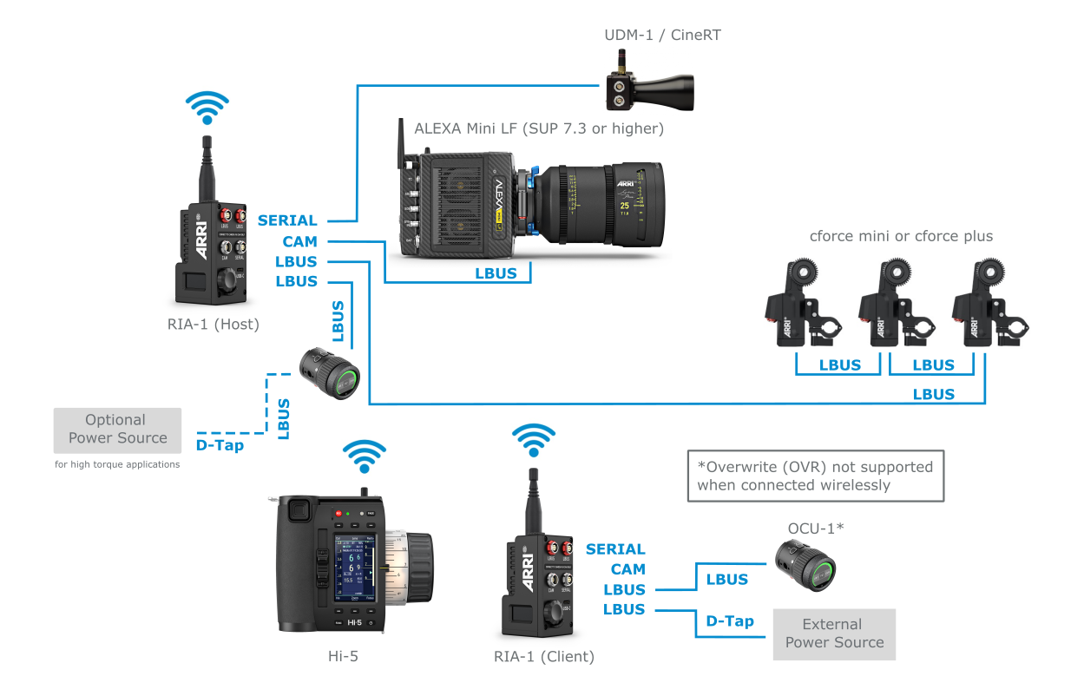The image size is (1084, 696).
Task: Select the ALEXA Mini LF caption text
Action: point(539,128)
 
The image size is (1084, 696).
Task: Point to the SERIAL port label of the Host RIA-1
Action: point(288,221)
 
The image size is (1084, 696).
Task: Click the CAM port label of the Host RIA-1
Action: point(299,241)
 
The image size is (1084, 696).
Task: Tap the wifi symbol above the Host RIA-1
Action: point(208,108)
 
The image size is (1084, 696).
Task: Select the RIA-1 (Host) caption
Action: point(214,325)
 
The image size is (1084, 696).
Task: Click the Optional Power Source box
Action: point(117,430)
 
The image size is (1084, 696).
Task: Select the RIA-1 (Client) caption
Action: point(544,656)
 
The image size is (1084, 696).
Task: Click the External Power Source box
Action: point(834,634)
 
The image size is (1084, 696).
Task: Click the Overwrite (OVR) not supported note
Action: point(814,476)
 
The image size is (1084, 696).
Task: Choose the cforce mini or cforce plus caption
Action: point(901,236)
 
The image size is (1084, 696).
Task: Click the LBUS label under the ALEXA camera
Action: point(496,273)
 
